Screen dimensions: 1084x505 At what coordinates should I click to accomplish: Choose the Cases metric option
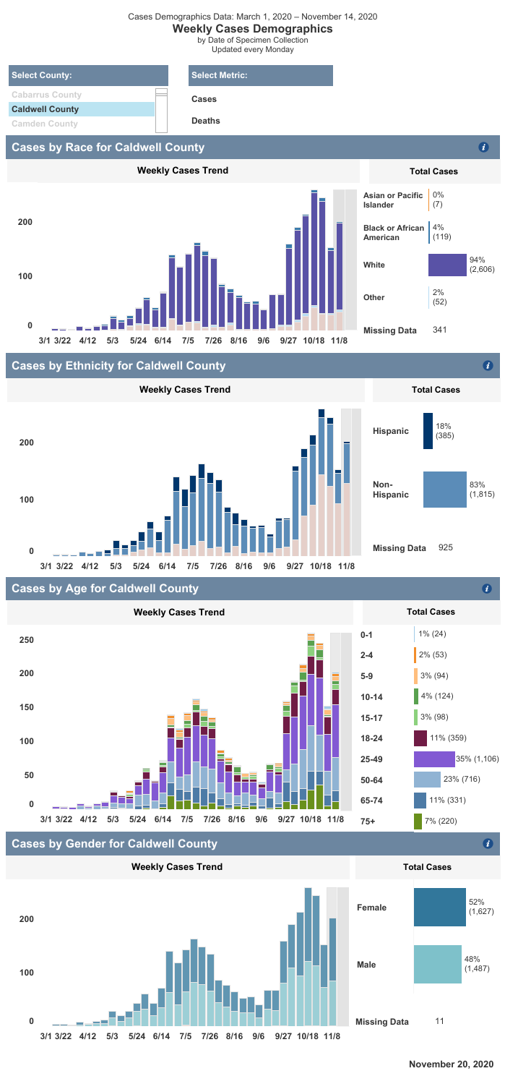pyautogui.click(x=204, y=99)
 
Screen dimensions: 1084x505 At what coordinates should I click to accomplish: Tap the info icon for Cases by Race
pyautogui.click(x=484, y=148)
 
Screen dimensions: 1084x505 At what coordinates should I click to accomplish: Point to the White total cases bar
pyautogui.click(x=448, y=265)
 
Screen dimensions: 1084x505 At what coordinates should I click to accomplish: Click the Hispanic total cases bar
pyautogui.click(x=428, y=431)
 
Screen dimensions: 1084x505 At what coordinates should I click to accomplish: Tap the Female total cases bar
pyautogui.click(x=440, y=907)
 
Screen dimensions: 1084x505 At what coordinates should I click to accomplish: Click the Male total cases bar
pyautogui.click(x=438, y=964)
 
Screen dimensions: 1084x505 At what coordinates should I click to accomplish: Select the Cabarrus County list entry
pyautogui.click(x=46, y=95)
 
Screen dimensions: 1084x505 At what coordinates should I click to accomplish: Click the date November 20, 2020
pyautogui.click(x=451, y=1064)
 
